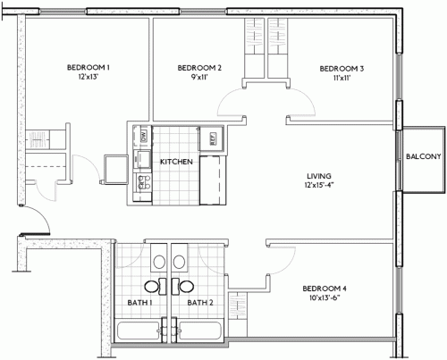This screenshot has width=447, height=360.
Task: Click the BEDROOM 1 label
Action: pos(88,68)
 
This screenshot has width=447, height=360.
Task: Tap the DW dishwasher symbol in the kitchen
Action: pos(143,136)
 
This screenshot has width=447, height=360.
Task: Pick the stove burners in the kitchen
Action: pos(143,184)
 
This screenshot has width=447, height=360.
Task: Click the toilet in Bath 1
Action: pos(157,263)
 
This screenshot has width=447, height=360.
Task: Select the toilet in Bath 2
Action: pos(181,263)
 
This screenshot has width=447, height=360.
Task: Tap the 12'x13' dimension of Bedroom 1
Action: pos(88,79)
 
